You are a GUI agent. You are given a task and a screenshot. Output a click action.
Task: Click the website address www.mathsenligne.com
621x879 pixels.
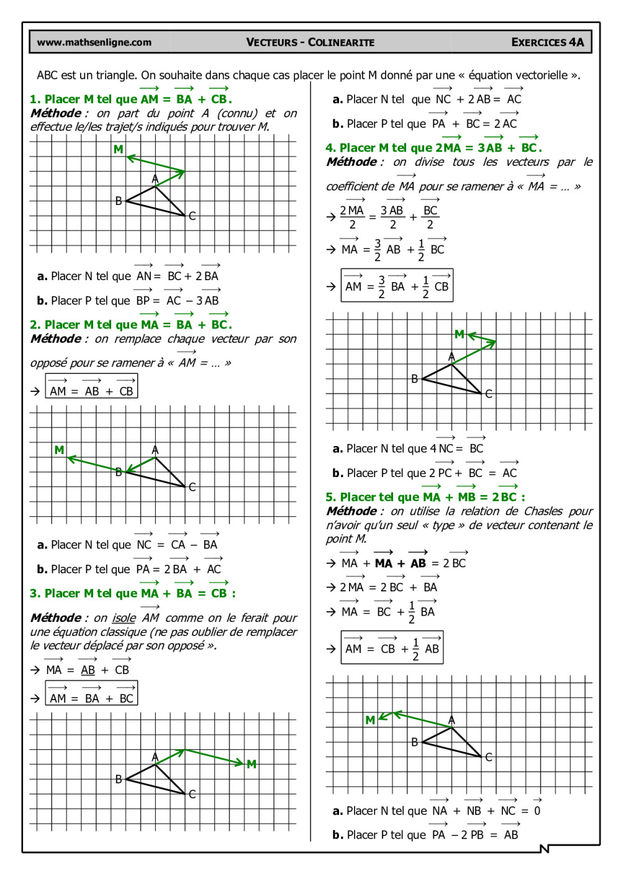click(94, 42)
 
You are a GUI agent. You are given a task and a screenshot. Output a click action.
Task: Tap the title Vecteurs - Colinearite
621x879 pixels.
click(310, 42)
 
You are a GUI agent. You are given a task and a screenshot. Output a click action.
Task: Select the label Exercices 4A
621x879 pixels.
click(547, 42)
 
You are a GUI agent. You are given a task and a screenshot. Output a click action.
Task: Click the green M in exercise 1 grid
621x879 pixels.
click(118, 150)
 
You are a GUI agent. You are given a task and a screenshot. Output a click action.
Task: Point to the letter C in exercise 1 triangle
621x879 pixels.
click(193, 216)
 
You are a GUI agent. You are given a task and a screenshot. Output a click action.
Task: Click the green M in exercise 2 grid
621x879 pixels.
click(59, 450)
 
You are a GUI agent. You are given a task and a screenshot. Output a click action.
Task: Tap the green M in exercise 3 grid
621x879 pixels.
click(252, 764)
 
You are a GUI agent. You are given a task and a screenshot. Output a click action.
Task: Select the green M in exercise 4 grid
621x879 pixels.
click(459, 334)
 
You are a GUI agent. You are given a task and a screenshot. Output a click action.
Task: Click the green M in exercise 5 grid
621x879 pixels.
click(370, 720)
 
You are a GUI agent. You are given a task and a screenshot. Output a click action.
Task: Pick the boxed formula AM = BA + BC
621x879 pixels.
click(91, 694)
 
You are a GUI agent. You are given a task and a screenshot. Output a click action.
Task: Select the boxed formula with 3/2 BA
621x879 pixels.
click(397, 286)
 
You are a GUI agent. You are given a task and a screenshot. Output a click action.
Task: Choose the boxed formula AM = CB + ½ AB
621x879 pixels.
click(392, 648)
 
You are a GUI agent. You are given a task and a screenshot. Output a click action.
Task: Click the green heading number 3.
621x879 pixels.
click(34, 593)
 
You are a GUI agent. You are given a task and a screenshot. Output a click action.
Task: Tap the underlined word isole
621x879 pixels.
click(124, 618)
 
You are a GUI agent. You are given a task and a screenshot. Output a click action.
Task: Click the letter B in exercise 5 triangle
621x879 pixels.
click(414, 742)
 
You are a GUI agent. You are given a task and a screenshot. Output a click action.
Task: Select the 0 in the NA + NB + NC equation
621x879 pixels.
click(537, 811)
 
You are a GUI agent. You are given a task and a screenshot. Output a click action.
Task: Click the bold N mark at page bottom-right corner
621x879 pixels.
click(545, 849)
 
